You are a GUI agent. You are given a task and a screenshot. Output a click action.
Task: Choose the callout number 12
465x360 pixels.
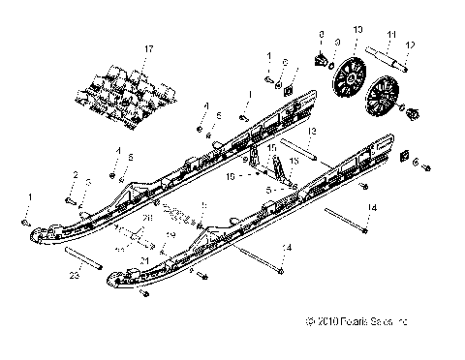(x=410, y=44)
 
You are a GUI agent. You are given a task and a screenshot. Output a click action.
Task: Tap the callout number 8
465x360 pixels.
(x=321, y=34)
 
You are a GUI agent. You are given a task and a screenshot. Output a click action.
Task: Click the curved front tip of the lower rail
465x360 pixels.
(x=113, y=278)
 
